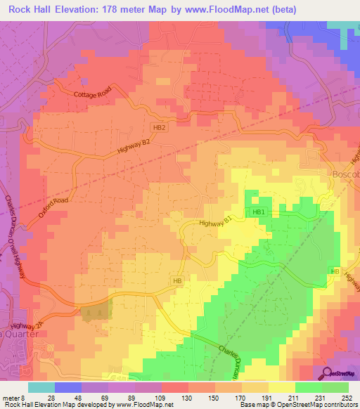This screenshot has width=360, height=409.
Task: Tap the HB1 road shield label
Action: (x=258, y=212)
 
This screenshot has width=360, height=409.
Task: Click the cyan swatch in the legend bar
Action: (x=41, y=387)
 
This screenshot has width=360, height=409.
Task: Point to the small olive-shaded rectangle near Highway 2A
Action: (x=96, y=312)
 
